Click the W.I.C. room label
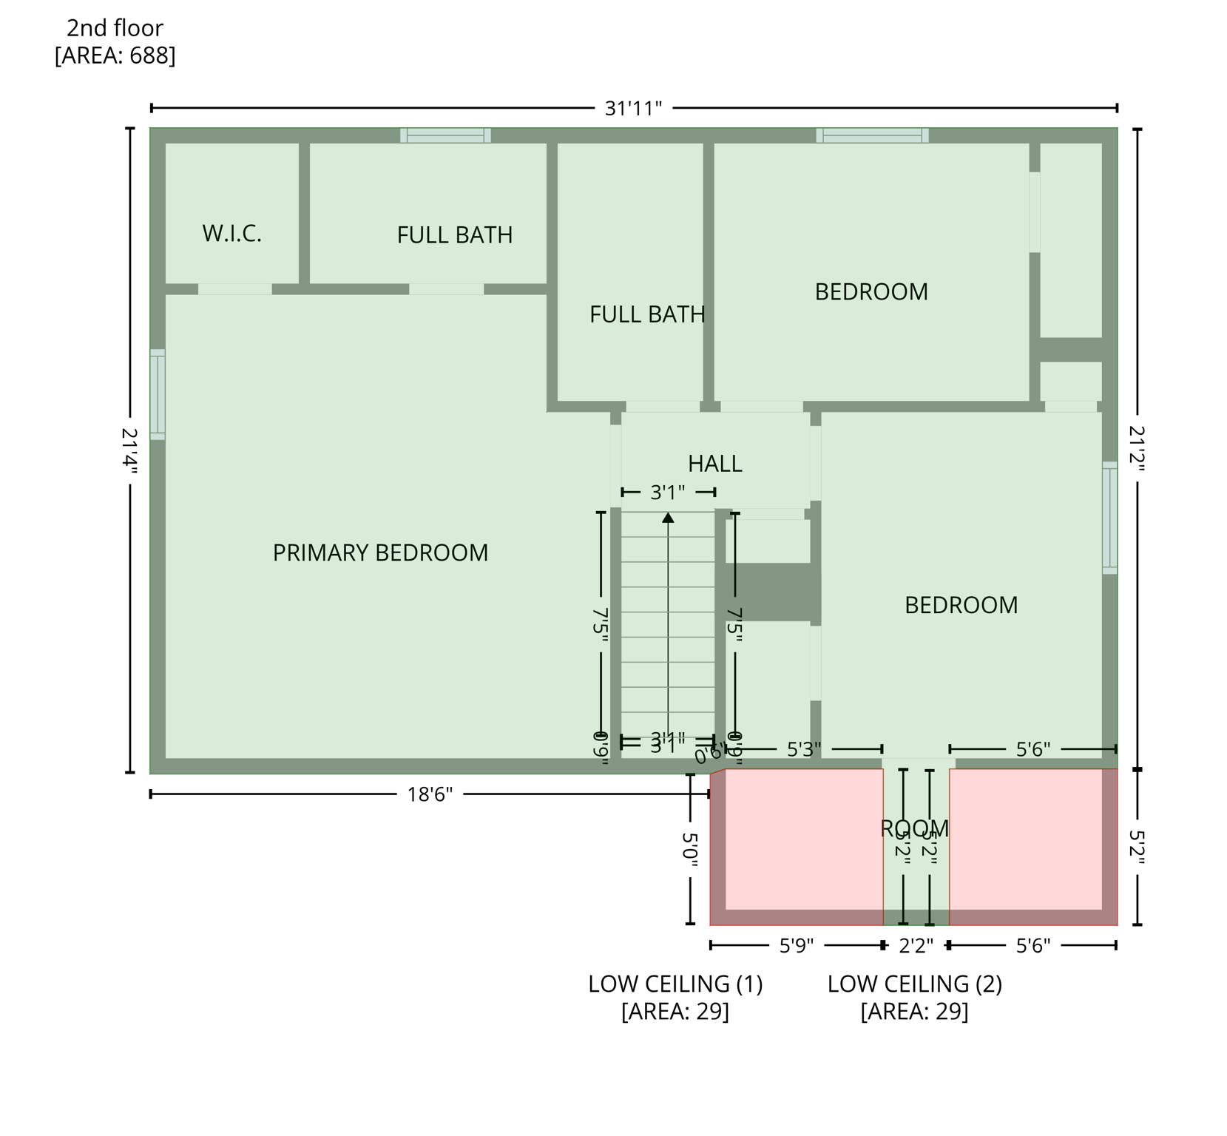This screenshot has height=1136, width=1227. [x=231, y=234]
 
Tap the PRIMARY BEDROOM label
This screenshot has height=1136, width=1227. [x=380, y=553]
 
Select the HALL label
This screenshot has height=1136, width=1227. [x=714, y=464]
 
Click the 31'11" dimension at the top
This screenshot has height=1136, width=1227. [x=633, y=109]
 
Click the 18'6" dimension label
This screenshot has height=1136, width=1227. [x=430, y=794]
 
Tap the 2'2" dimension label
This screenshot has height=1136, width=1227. [x=916, y=946]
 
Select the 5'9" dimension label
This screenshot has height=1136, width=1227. [x=797, y=946]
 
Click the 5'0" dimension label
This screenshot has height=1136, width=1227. [x=689, y=850]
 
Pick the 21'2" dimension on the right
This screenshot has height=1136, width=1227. [x=1137, y=448]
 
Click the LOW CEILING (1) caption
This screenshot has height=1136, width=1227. [x=675, y=984]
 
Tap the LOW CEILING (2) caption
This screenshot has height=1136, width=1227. [x=914, y=984]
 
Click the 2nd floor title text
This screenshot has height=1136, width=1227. [x=115, y=28]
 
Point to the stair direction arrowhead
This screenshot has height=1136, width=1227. [x=668, y=518]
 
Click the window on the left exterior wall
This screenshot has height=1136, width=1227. [x=158, y=394]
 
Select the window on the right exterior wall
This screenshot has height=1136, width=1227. [x=1109, y=518]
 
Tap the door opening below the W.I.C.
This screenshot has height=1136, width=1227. [x=235, y=289]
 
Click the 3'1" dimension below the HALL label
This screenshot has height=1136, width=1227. [x=668, y=492]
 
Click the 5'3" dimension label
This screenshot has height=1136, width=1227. [x=804, y=749]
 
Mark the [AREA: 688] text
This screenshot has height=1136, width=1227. [x=115, y=55]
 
